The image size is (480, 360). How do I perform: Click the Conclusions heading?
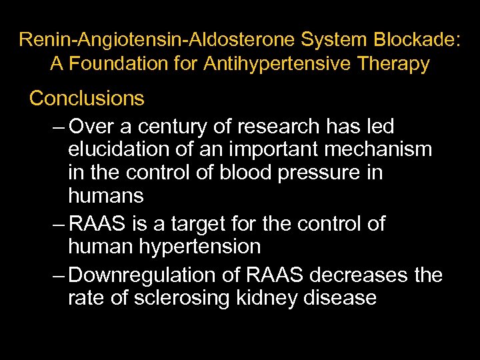pyautogui.click(x=87, y=99)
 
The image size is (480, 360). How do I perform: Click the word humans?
pyautogui.click(x=105, y=196)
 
